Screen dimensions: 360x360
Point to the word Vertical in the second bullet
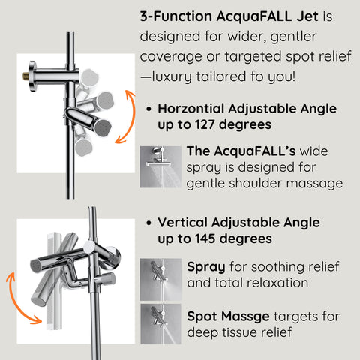(x=183, y=223)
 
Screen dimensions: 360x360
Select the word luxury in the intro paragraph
(x=174, y=76)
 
